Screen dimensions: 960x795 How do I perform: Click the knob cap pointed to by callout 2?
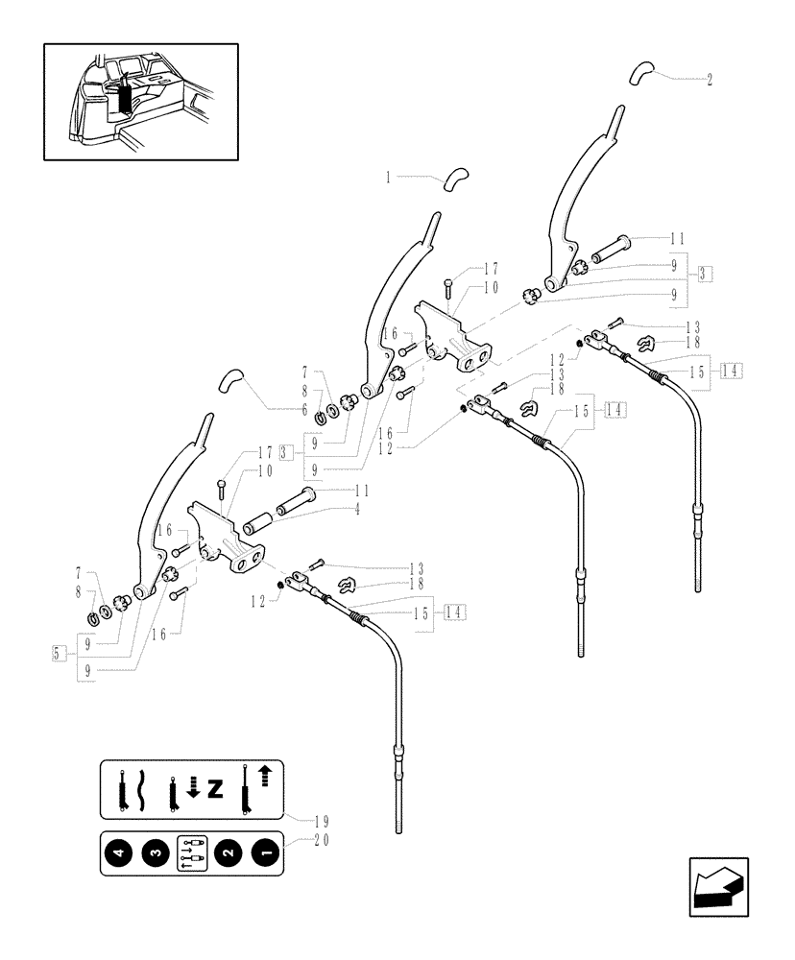pos(641,73)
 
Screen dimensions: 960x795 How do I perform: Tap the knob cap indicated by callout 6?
pos(229,380)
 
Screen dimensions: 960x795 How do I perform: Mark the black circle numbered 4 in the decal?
pos(120,852)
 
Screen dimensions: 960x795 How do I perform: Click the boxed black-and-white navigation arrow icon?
pos(719,887)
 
